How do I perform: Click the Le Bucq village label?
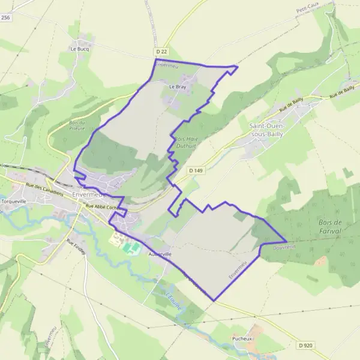click(79, 49)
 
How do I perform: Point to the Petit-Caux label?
click(307, 11)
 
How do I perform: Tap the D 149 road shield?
click(196, 171)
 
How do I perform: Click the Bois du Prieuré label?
click(77, 125)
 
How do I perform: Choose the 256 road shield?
click(5, 18)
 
